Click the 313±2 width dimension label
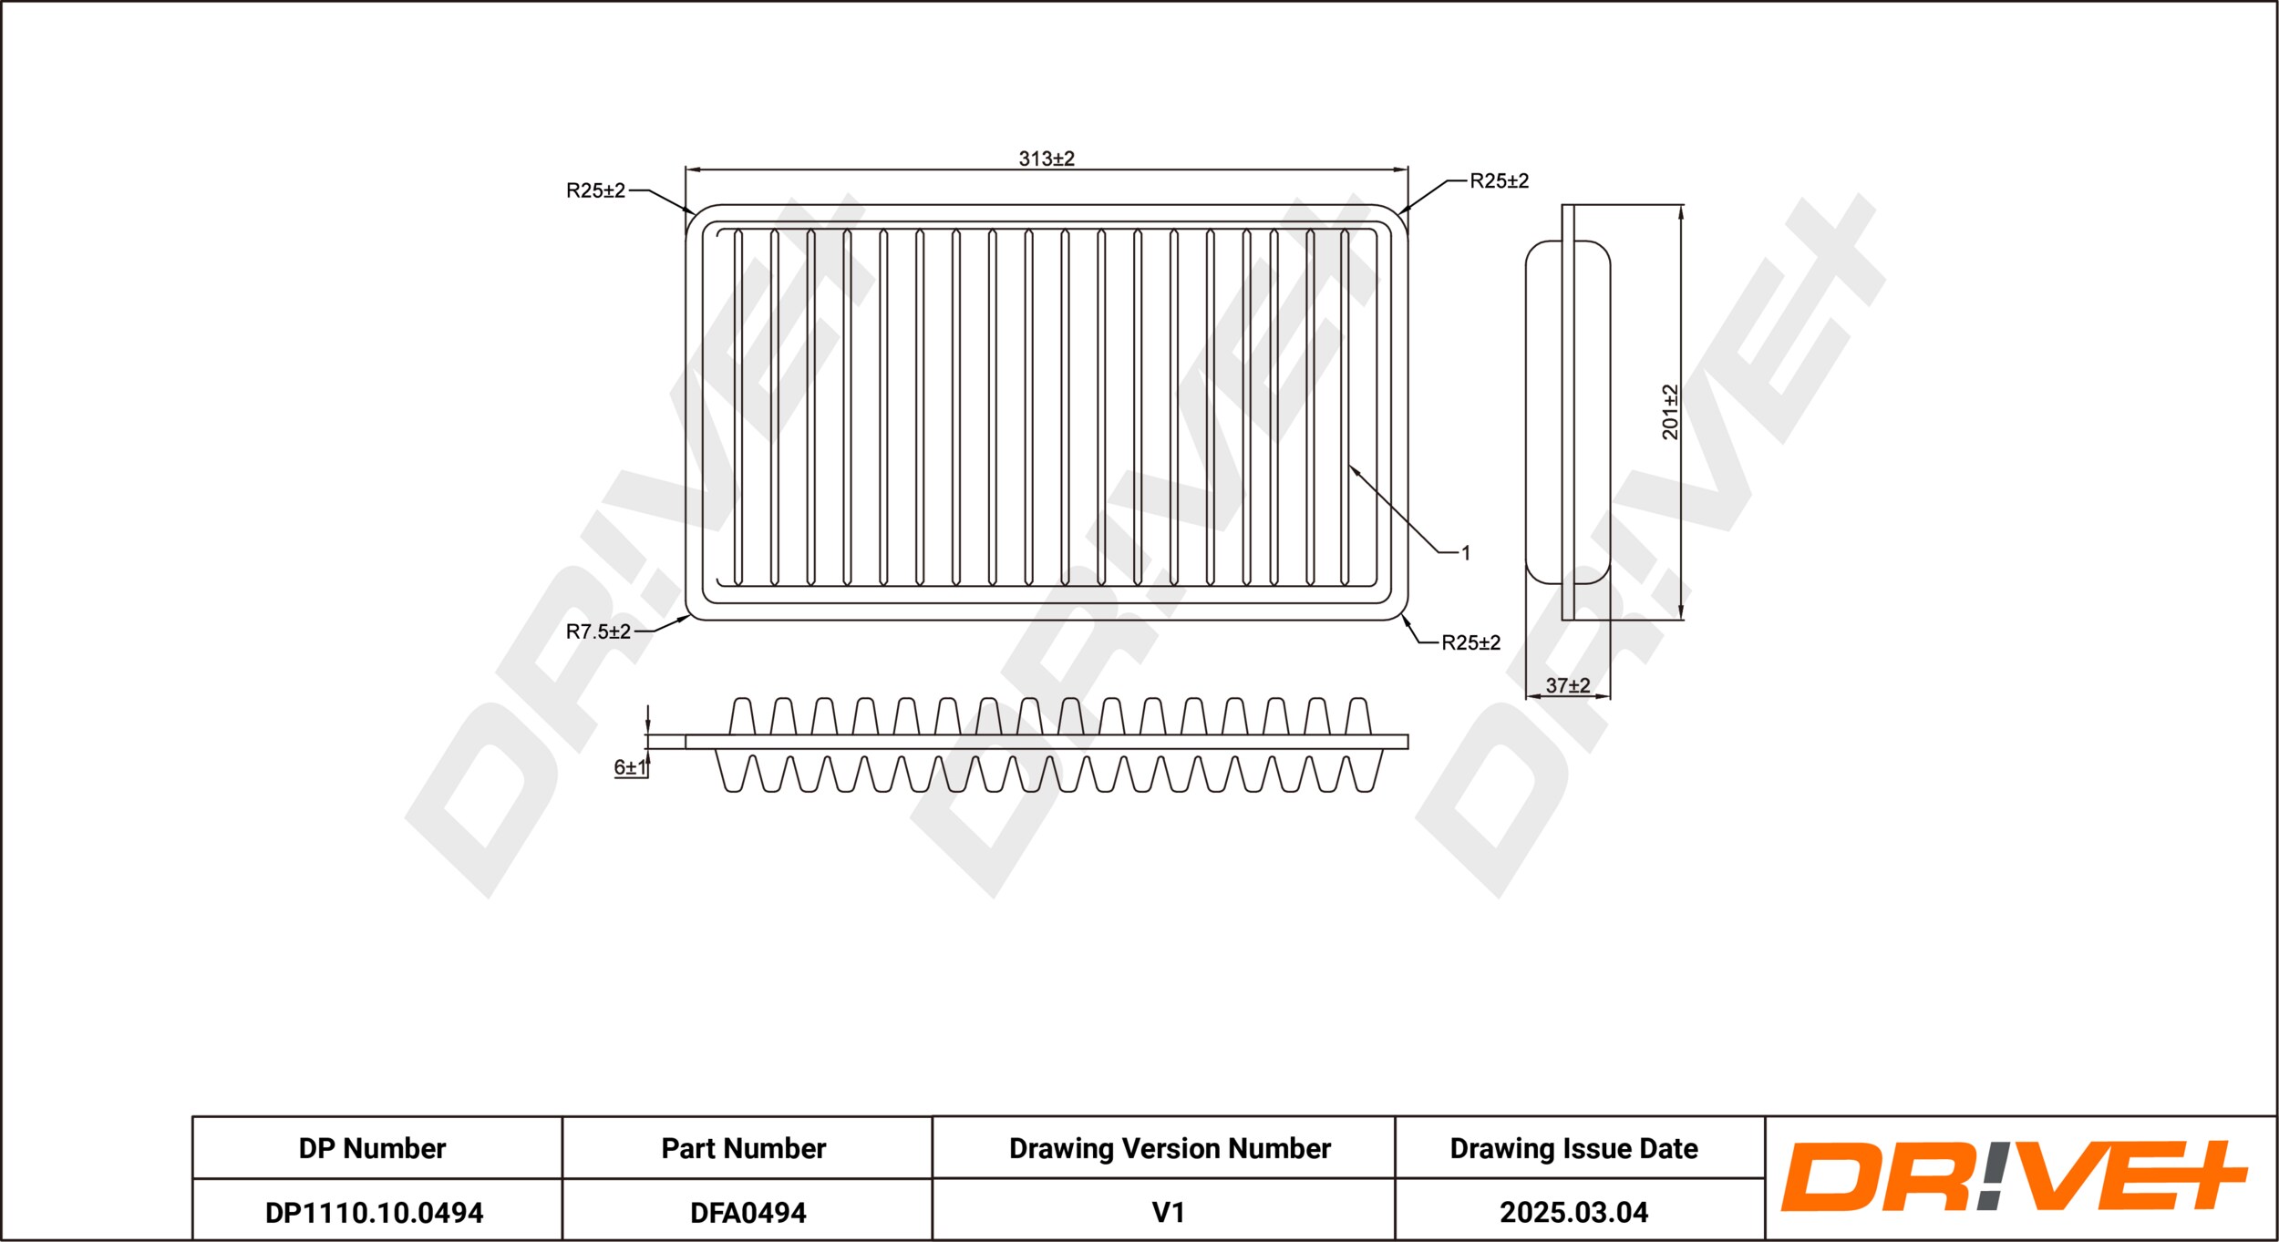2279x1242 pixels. pos(1047,159)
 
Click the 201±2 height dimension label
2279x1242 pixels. pos(1669,412)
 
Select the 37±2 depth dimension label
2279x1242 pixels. pos(1567,685)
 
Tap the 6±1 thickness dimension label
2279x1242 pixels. pos(629,767)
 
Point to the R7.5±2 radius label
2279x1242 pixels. pos(598,631)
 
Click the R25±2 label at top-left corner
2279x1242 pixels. pos(595,190)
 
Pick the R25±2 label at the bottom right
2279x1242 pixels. pos(1470,642)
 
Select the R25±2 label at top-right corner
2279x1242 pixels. pos(1499,180)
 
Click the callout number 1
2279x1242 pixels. pos(1466,552)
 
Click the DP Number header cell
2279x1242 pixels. pos(373,1148)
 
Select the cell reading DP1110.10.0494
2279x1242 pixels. pos(374,1213)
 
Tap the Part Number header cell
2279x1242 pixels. pos(744,1148)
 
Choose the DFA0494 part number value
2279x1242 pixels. pos(748,1213)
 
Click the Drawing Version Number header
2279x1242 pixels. pos(1170,1148)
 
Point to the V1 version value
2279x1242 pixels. pos(1168,1213)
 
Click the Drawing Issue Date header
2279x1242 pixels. pos(1573,1148)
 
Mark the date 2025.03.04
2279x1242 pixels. pos(1573,1213)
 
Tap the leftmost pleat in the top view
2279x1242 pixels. pos(738,407)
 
